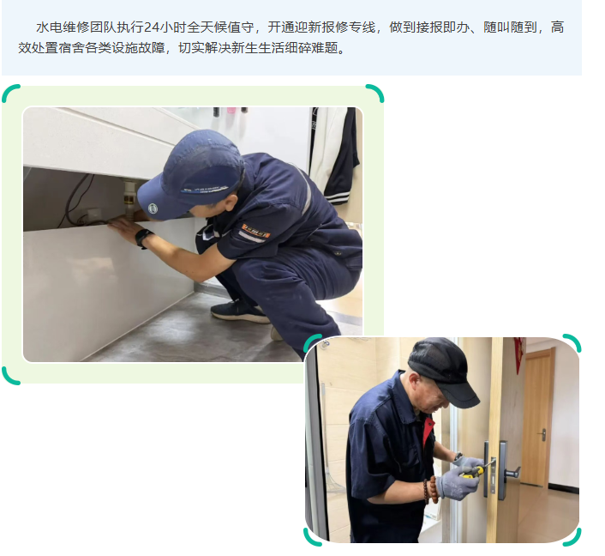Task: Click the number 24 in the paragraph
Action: [151, 27]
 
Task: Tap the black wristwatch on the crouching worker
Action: [143, 238]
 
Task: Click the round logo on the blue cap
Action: [153, 208]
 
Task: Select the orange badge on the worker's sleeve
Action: [255, 230]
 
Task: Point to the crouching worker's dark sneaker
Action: [240, 311]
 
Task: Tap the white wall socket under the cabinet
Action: [93, 214]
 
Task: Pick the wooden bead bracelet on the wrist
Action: [431, 489]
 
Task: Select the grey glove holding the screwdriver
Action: [459, 482]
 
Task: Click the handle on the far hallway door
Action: [543, 435]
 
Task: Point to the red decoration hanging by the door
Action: [519, 354]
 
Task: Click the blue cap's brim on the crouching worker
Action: [169, 202]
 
